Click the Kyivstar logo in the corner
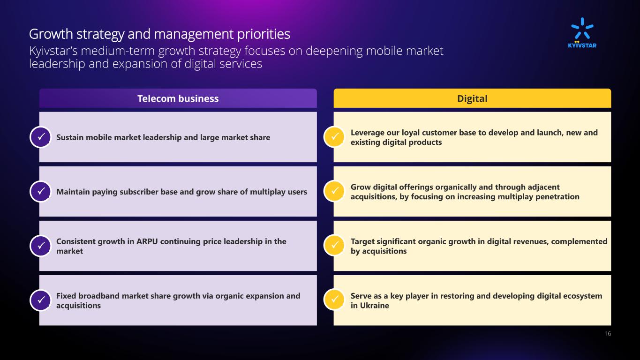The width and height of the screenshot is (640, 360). [x=582, y=33]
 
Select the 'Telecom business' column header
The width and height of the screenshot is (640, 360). [x=178, y=98]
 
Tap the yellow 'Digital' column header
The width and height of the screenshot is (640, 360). [x=472, y=98]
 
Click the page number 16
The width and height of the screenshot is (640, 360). [x=608, y=333]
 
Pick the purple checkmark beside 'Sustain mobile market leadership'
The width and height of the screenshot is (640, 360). [x=41, y=137]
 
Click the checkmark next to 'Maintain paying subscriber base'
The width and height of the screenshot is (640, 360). [x=41, y=191]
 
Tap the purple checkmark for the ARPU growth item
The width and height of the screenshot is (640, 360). [x=41, y=246]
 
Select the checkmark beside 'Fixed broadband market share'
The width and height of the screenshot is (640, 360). [x=41, y=300]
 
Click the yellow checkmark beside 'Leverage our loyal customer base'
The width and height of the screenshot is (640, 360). [x=334, y=137]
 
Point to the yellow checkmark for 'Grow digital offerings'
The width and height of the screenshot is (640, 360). [x=334, y=191]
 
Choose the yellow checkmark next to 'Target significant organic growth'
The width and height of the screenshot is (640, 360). [x=334, y=246]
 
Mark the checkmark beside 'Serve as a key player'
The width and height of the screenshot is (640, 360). [x=334, y=300]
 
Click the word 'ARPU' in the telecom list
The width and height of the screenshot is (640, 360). [x=147, y=241]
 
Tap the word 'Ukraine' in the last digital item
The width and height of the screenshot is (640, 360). [x=374, y=306]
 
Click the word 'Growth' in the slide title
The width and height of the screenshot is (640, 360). [x=51, y=34]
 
